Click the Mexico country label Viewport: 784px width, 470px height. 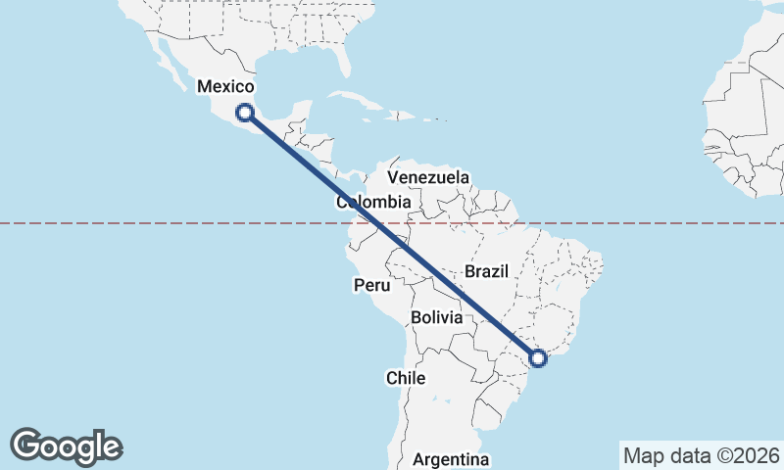225,87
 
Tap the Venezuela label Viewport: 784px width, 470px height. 428,177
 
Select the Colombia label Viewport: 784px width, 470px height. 373,202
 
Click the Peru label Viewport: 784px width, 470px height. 371,286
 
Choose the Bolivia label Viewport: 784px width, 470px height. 436,317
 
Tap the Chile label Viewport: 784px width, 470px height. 405,377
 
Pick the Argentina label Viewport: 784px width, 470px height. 451,459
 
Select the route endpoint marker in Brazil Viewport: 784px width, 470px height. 538,358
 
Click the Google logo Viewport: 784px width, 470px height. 66,446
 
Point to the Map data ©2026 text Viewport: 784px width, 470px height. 701,455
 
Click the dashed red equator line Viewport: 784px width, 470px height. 147,223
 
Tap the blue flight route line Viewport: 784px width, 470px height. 392,236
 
